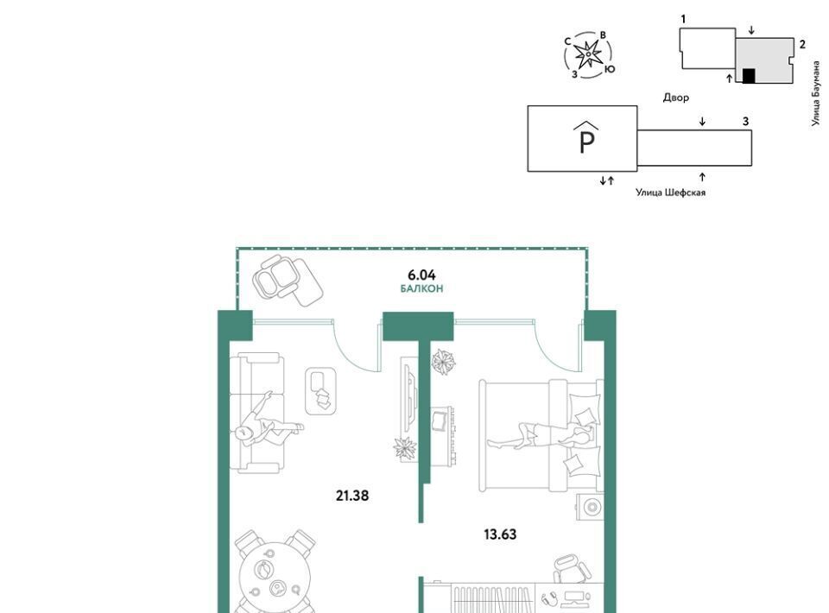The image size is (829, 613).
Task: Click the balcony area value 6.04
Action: tap(421, 275)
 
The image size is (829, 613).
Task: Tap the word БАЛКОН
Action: tap(421, 288)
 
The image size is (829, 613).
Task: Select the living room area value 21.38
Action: tap(352, 496)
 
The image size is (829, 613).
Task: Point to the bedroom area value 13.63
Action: tap(500, 534)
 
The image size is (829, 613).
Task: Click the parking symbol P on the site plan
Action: tap(587, 137)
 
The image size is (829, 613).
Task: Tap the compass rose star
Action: tap(587, 54)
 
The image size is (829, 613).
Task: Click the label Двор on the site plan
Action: tap(675, 98)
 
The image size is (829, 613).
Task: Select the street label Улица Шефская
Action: tap(670, 193)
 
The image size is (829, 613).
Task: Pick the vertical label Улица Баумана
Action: tap(816, 94)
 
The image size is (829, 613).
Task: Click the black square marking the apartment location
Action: tap(748, 76)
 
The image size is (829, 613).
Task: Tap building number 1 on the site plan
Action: tap(683, 19)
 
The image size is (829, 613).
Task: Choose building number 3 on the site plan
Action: tap(745, 122)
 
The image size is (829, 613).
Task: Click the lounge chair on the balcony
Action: tap(287, 279)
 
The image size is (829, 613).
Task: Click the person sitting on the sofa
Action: tap(267, 423)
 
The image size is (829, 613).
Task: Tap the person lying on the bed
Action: tap(539, 436)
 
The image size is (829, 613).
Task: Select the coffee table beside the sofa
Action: tap(321, 391)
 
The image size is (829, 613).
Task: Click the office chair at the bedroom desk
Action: tap(571, 568)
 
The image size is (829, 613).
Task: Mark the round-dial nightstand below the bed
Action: tap(591, 508)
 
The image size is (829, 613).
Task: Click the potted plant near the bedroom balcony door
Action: tap(444, 362)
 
